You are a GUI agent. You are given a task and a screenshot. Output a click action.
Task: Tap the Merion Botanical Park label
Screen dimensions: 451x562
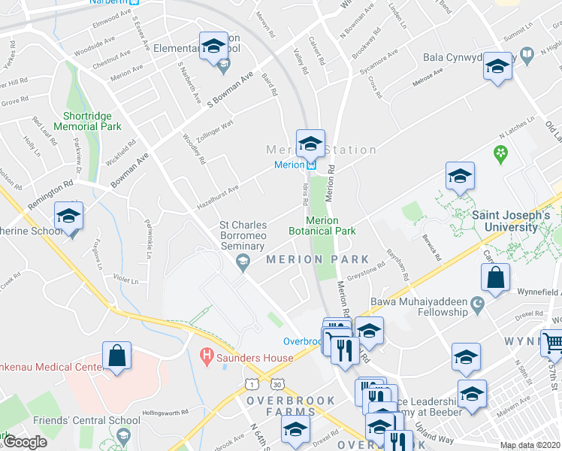click(x=322, y=225)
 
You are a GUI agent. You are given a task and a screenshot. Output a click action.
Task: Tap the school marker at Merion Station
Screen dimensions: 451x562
click(x=310, y=142)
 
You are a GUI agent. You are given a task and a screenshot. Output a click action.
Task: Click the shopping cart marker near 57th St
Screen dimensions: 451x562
click(x=553, y=343)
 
